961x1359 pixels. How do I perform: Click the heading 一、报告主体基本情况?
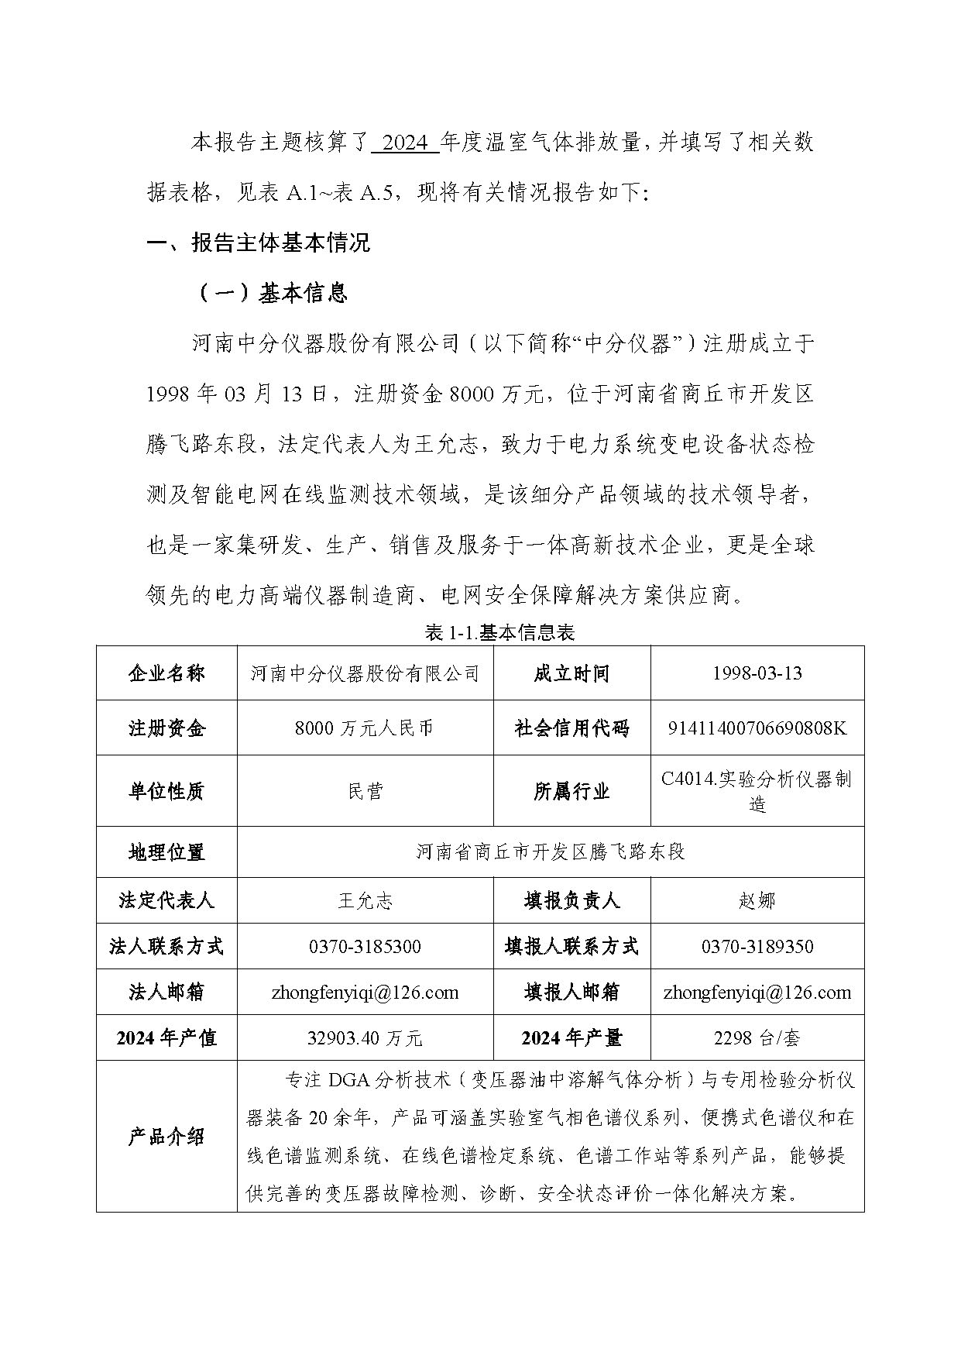tap(259, 243)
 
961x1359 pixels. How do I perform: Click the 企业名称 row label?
tap(166, 673)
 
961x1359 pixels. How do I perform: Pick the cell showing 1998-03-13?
tap(757, 673)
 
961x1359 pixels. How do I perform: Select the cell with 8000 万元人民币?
tap(365, 728)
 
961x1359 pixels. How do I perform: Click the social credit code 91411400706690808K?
tap(757, 728)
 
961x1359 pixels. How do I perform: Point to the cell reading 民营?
tap(365, 790)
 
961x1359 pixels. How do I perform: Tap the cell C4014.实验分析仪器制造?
tap(757, 790)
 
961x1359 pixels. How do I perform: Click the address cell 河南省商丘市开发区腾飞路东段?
tap(550, 852)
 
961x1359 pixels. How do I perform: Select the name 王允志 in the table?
tap(365, 900)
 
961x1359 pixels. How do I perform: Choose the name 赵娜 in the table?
tap(757, 900)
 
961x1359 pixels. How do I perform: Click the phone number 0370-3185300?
tap(365, 946)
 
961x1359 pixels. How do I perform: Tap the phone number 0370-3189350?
tap(757, 946)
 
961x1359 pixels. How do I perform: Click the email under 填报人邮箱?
tap(757, 992)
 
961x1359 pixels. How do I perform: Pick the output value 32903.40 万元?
tap(365, 1037)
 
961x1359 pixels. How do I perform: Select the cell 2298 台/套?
tap(757, 1037)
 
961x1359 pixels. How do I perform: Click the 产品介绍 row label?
tap(166, 1136)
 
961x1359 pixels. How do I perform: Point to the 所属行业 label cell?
tap(571, 790)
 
